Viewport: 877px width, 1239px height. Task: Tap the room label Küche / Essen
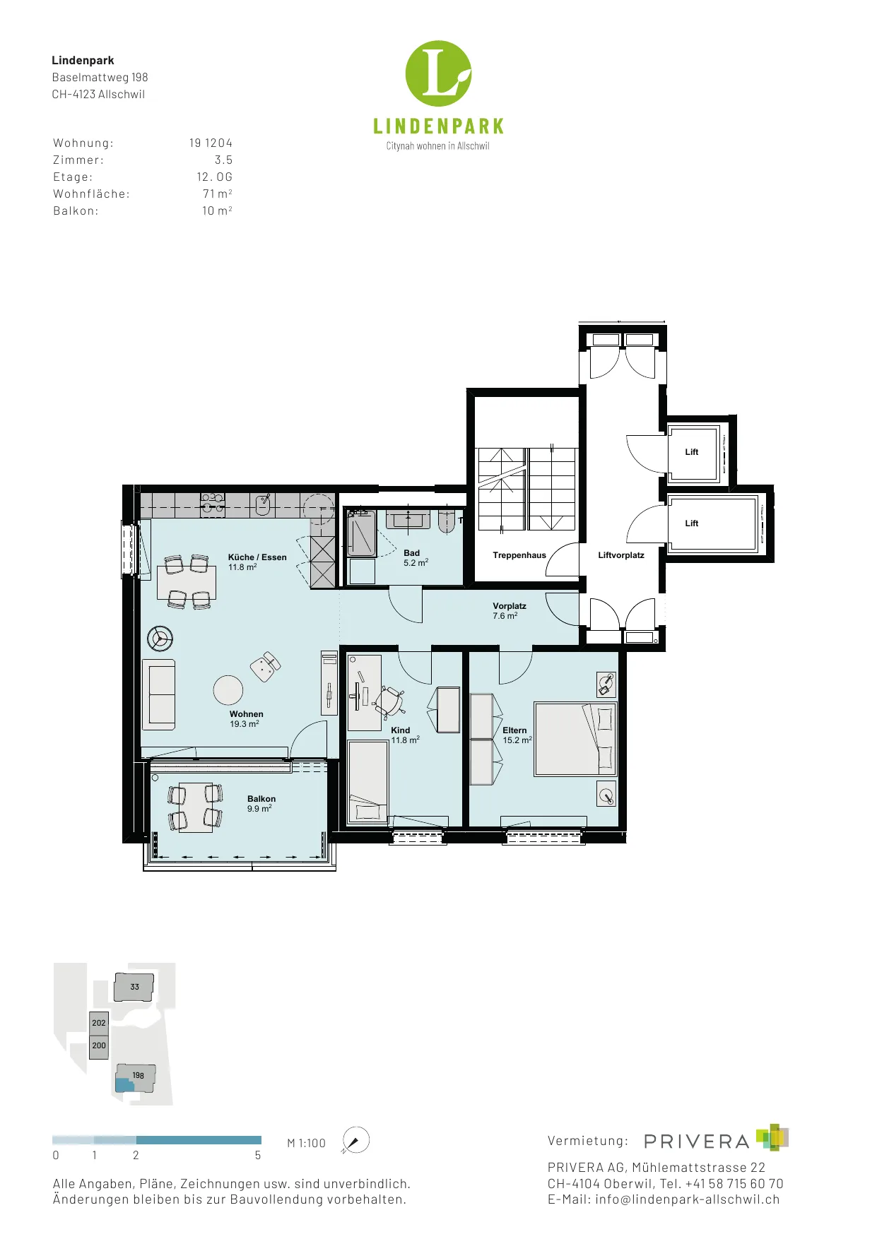tap(257, 557)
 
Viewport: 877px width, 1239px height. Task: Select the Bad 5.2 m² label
tap(416, 558)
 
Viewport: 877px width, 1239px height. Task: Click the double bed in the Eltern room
tap(575, 739)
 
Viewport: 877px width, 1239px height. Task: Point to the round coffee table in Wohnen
tap(228, 690)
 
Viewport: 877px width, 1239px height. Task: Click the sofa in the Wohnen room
tap(159, 694)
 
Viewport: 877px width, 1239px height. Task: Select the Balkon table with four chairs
tap(195, 807)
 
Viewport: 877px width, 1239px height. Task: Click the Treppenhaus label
tap(519, 555)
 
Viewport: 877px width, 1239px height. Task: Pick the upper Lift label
tap(692, 452)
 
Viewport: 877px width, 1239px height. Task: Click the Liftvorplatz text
tap(621, 555)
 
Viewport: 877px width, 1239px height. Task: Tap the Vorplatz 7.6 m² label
tap(510, 611)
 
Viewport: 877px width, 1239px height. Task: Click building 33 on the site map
tap(134, 987)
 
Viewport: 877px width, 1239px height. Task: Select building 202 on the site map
tap(99, 1023)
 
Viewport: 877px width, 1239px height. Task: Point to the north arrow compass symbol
tap(355, 1140)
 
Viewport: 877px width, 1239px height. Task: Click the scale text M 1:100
tap(307, 1143)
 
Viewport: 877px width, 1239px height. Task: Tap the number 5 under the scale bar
tap(258, 1156)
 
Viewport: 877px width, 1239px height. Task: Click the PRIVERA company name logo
tap(697, 1142)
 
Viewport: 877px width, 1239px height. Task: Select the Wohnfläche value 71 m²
tap(218, 194)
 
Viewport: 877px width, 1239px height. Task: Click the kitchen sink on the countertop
tap(263, 505)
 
